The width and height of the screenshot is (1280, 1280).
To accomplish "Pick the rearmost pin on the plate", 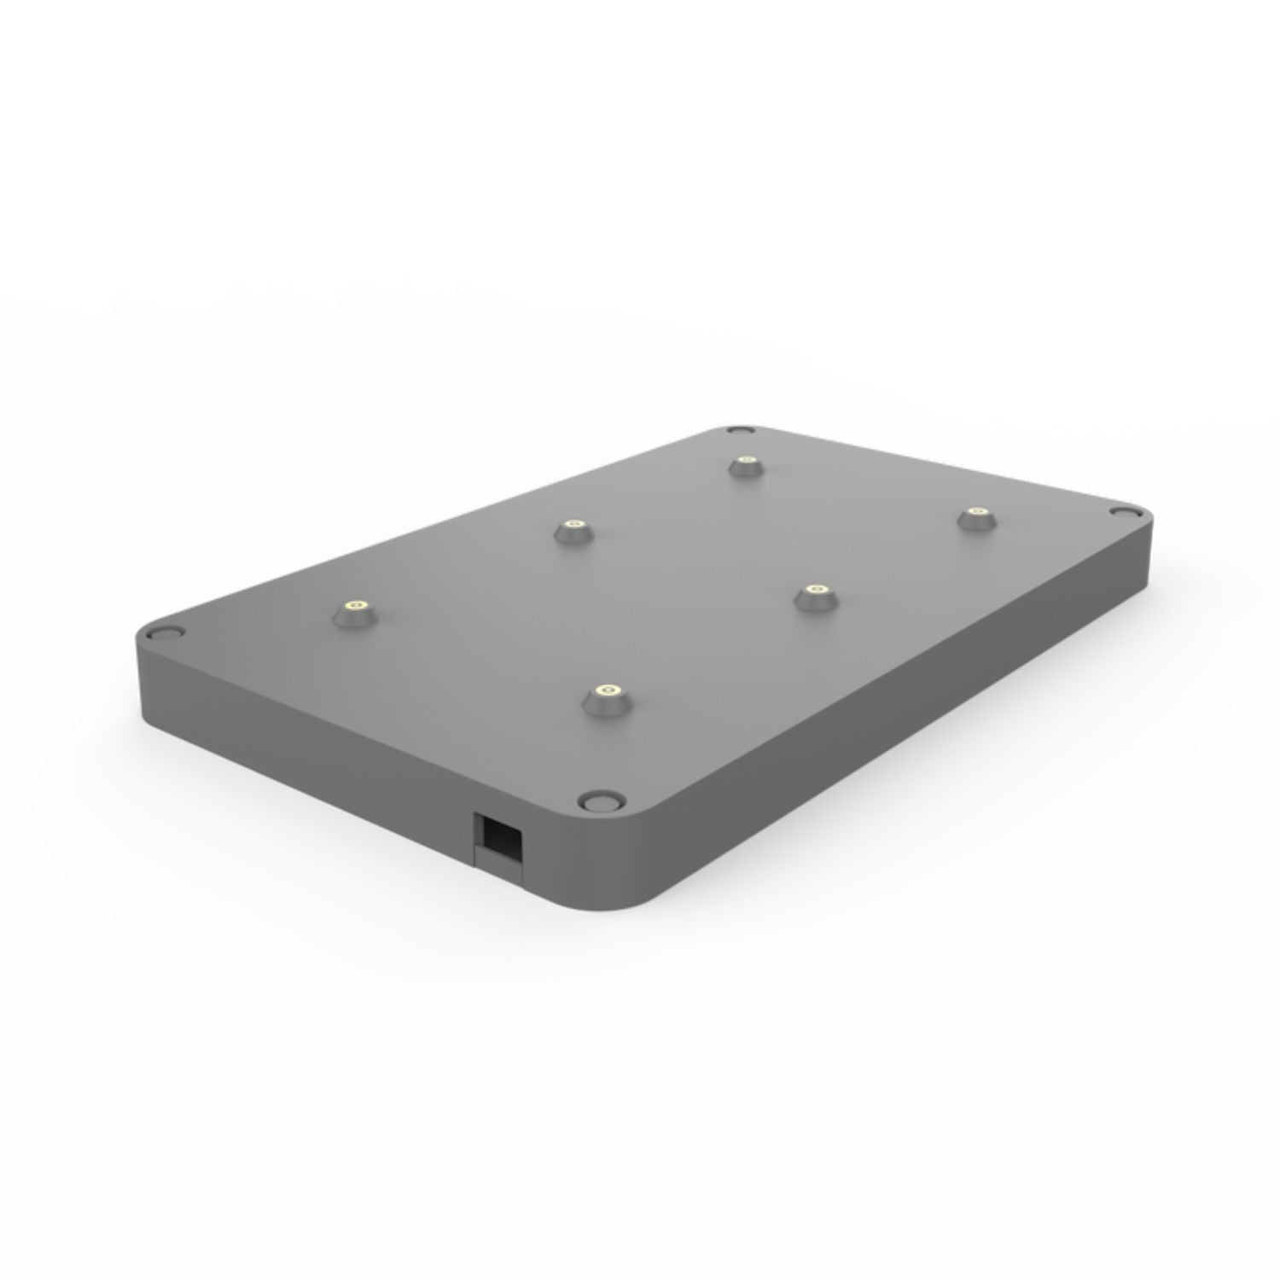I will (x=747, y=465).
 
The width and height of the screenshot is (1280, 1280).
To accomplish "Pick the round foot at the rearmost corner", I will (x=737, y=432).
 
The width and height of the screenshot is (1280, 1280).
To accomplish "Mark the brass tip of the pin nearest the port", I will (x=607, y=689).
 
